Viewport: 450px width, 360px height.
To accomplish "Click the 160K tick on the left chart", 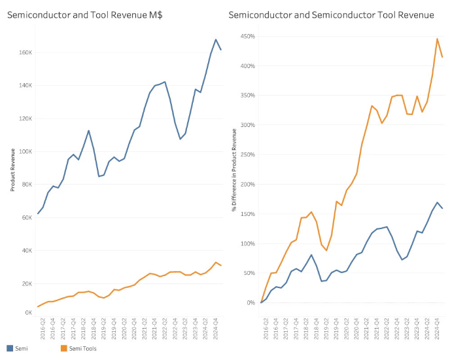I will [x=25, y=52].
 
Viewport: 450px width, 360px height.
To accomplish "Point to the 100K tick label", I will [x=25, y=151].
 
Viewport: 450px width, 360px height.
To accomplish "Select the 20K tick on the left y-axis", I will [x=26, y=283].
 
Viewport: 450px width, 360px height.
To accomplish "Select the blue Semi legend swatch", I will [x=10, y=348].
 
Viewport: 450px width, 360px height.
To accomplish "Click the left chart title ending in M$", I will [x=84, y=14].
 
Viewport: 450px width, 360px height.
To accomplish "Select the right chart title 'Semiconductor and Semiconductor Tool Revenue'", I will [x=332, y=14].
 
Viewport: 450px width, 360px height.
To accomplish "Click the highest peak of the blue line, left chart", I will [x=216, y=40].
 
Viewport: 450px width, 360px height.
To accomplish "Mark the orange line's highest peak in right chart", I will [x=438, y=39].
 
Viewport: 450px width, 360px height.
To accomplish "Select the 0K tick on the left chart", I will [x=28, y=313].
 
